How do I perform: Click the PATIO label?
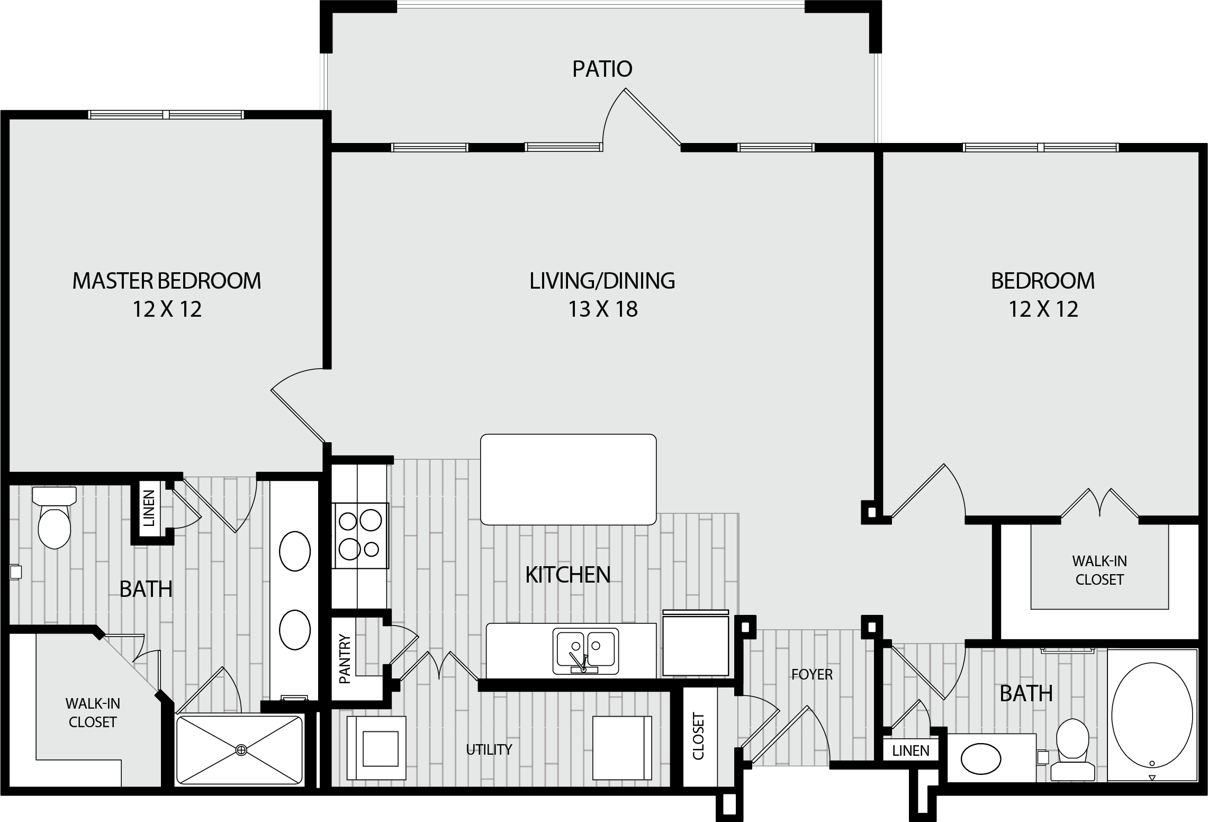tap(602, 69)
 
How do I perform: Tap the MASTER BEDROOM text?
tap(167, 281)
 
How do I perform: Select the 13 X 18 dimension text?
tap(602, 309)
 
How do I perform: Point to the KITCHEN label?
tap(568, 575)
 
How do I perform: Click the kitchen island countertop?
tap(568, 479)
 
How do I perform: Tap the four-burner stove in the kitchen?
tap(360, 535)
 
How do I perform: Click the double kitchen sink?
tap(585, 650)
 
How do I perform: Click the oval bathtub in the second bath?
tap(1152, 716)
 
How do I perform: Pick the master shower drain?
tap(241, 749)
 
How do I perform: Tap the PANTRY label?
tap(345, 659)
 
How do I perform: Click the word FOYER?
tap(812, 674)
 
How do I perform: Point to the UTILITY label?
tap(489, 749)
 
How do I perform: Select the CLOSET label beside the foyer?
tap(698, 736)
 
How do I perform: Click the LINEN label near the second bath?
tap(910, 750)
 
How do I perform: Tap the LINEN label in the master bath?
tap(149, 508)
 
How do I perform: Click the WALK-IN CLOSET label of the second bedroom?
tap(1099, 570)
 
